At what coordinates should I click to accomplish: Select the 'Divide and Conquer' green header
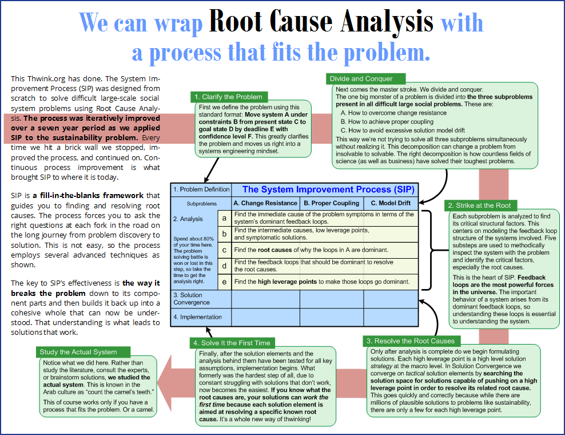click(365, 78)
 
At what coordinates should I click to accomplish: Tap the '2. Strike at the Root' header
click(480, 205)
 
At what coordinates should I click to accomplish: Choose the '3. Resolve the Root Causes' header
click(411, 341)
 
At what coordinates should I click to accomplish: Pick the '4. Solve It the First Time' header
click(232, 343)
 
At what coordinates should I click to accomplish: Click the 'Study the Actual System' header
click(83, 351)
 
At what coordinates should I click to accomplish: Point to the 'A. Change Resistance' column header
click(265, 203)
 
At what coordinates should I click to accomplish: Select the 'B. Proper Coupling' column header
click(332, 203)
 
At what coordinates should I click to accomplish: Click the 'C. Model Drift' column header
click(391, 203)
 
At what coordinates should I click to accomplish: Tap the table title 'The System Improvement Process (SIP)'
click(328, 189)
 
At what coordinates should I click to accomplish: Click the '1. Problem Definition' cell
click(201, 189)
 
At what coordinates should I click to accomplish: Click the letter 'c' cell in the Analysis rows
click(225, 250)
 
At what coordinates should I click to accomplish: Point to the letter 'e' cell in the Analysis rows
click(225, 282)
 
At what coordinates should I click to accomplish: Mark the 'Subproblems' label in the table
click(201, 204)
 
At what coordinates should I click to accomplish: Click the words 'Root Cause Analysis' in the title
click(321, 21)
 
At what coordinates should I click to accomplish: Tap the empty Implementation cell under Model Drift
click(391, 317)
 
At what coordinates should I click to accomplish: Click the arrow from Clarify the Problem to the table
click(212, 170)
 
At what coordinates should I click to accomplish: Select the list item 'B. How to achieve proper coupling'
click(387, 121)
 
